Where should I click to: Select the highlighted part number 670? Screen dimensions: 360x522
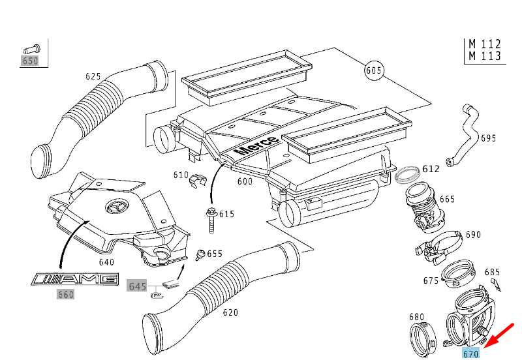(x=471, y=353)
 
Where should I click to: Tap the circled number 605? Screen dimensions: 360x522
(x=374, y=70)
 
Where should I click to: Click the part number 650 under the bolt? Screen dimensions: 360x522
(x=31, y=61)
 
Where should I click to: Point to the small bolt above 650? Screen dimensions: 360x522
(x=31, y=48)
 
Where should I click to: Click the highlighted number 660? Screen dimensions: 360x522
(x=65, y=294)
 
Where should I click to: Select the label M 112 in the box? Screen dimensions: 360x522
(x=485, y=44)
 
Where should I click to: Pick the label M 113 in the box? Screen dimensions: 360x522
(x=485, y=56)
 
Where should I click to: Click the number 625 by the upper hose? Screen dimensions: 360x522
(x=93, y=76)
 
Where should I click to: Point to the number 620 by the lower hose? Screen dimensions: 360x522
(x=230, y=312)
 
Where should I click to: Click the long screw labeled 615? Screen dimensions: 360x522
(x=212, y=218)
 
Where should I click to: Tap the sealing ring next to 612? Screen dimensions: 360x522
(x=408, y=175)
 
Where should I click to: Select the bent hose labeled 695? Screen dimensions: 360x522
(x=466, y=134)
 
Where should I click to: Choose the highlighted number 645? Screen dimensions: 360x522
(x=137, y=286)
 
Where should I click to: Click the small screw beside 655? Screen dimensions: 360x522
(x=200, y=254)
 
